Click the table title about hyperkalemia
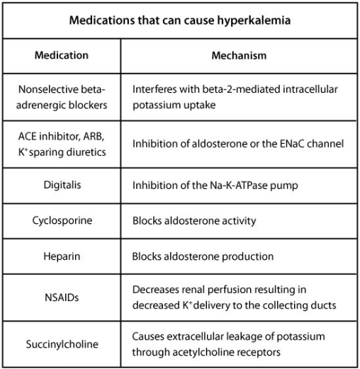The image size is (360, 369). (x=180, y=20)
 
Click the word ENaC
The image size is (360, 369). (x=296, y=144)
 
